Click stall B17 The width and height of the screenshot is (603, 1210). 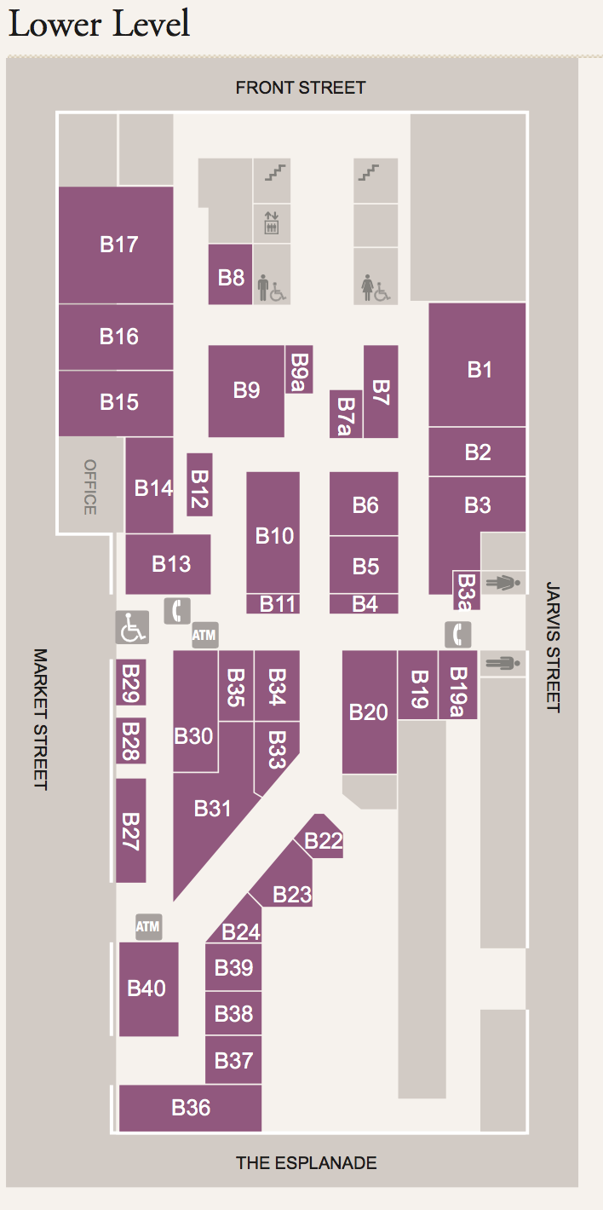coord(116,245)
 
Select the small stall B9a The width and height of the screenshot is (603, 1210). coord(299,370)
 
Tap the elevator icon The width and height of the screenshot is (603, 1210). coord(272,223)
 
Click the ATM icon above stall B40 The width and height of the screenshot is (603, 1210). coord(148,926)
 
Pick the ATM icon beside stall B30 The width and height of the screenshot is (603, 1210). coord(205,635)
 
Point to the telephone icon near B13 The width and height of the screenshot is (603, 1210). coord(177,611)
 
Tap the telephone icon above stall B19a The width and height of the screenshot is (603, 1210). coord(457,634)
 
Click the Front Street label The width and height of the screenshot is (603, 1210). coord(301,88)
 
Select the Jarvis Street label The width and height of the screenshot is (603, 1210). coord(553,647)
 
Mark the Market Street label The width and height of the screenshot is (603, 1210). coord(41,719)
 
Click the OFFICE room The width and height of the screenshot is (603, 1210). coord(90,487)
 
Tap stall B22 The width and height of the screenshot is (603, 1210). coord(322,837)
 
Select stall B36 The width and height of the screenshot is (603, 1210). coord(190,1108)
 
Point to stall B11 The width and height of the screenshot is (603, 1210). coord(273,604)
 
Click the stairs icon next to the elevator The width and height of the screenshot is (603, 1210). coord(275,173)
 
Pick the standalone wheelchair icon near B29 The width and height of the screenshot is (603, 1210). coord(132,627)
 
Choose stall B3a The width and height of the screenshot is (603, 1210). coord(467,591)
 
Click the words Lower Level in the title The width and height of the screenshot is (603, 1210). coord(99,24)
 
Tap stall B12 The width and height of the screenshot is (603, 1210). coord(199,485)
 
